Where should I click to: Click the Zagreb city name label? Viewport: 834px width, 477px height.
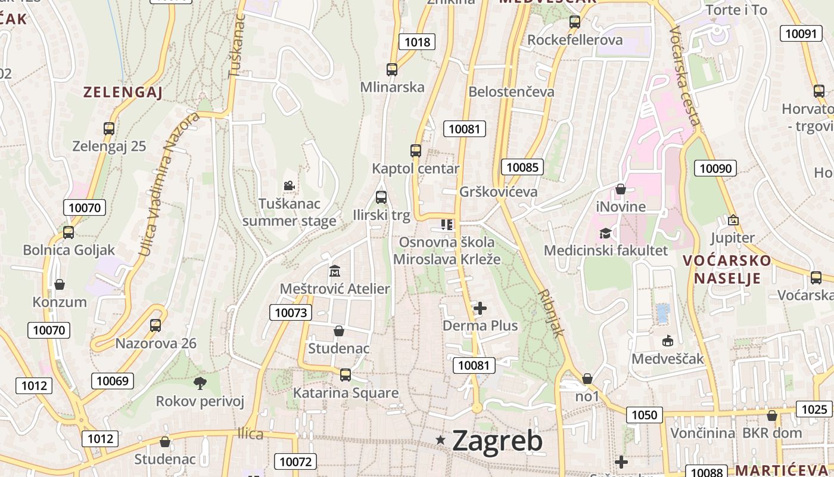(497, 441)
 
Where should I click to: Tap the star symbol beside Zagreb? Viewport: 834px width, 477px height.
(441, 440)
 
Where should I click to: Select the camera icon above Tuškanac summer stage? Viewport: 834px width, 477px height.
(289, 186)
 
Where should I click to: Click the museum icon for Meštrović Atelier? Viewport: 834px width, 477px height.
(335, 271)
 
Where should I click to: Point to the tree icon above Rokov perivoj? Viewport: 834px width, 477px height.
(200, 383)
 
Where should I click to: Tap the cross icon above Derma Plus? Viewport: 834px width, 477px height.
(480, 308)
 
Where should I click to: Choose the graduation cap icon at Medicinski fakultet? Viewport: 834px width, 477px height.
(605, 233)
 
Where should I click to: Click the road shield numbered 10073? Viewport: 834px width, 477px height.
(291, 312)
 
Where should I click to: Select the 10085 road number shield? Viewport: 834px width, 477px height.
(522, 167)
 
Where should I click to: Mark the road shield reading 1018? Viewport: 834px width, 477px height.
(417, 42)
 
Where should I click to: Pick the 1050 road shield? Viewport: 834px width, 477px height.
(644, 415)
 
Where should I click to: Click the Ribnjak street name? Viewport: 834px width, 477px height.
(550, 314)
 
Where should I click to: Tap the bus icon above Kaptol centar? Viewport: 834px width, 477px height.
(416, 151)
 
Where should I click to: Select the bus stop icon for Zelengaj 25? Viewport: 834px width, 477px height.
(109, 128)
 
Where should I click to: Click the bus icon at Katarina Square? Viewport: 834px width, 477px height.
(346, 375)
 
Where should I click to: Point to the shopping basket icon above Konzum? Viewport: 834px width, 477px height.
(60, 284)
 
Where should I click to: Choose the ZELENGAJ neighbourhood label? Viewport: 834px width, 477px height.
(123, 92)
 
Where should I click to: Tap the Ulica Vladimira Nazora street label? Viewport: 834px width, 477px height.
(169, 185)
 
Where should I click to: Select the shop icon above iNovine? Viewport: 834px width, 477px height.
(621, 190)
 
